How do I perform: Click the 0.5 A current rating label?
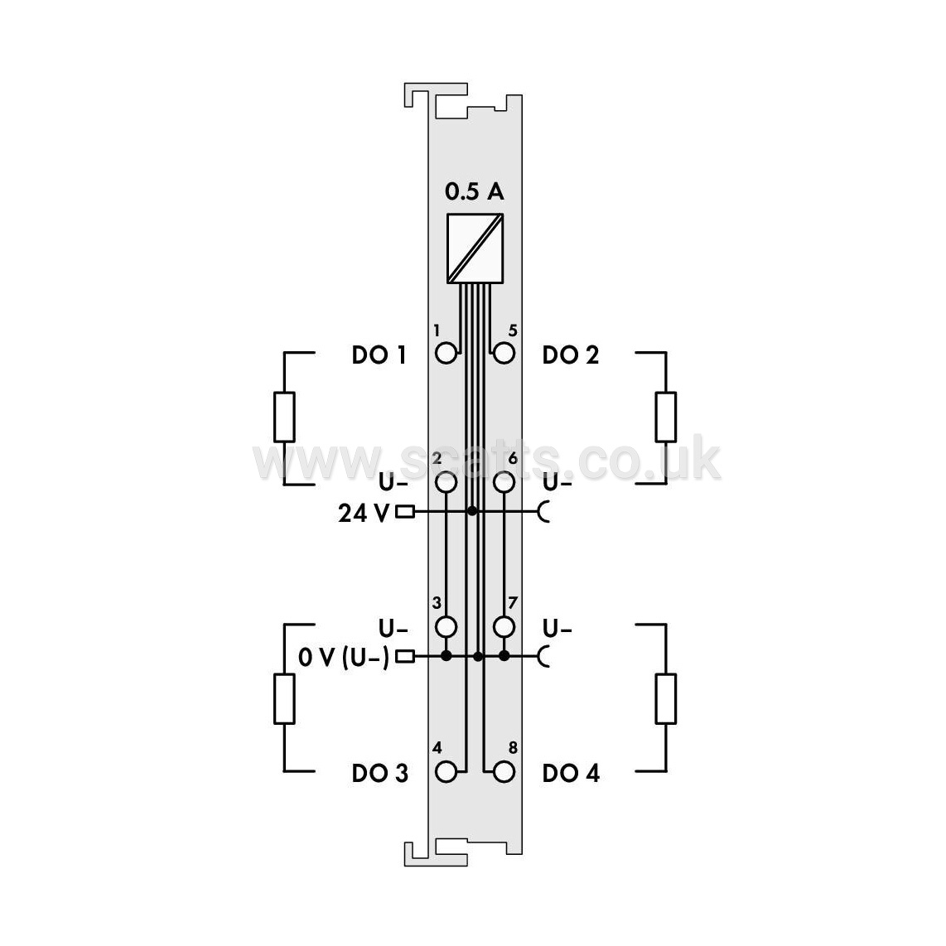[474, 191]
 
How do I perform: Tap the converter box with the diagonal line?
[475, 249]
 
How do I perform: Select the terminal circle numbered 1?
[446, 353]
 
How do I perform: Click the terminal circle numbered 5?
[504, 353]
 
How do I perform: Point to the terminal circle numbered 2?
[446, 482]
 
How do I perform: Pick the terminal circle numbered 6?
[504, 482]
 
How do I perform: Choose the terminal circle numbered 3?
[446, 627]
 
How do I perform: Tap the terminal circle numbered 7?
[504, 627]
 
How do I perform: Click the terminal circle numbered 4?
[446, 772]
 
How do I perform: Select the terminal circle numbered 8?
[504, 772]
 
